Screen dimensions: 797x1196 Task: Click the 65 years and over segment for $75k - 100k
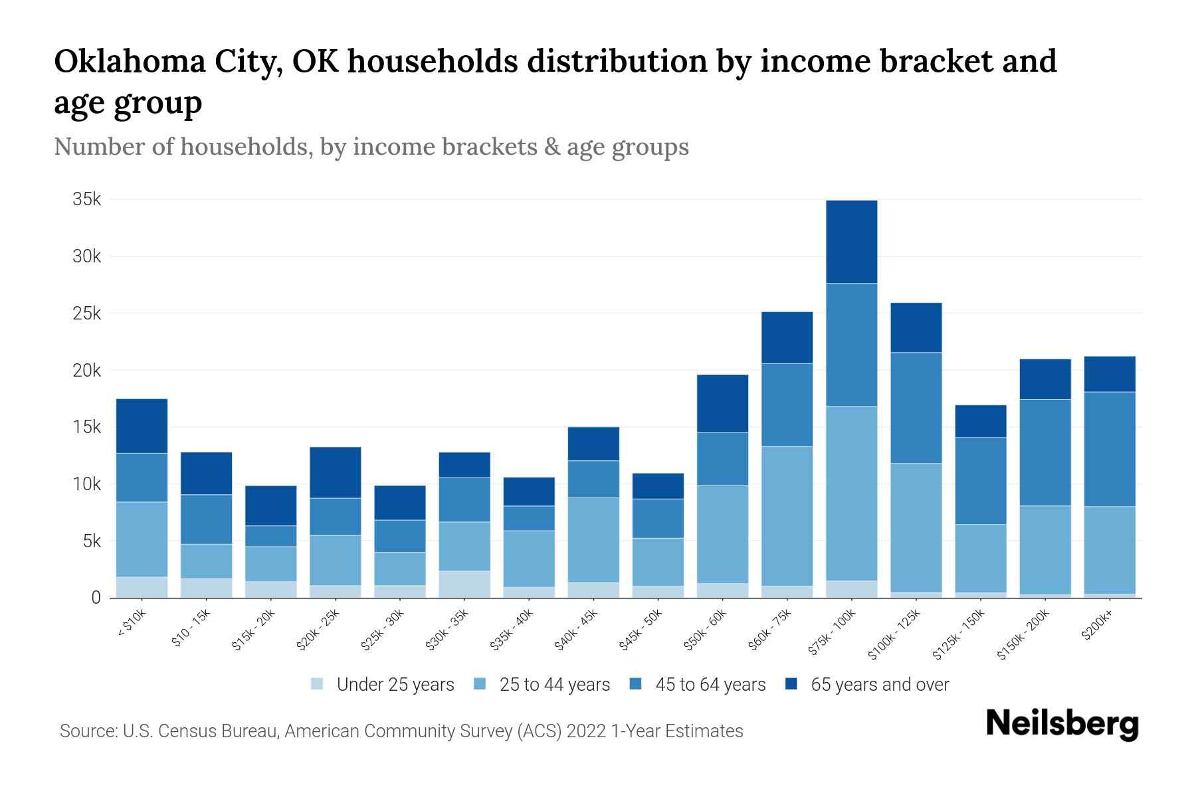852,242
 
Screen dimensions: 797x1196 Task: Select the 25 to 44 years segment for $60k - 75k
787,516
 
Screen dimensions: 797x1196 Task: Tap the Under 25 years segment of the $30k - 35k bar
464,584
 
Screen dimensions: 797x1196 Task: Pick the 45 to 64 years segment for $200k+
1110,449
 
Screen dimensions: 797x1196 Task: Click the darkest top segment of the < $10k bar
142,426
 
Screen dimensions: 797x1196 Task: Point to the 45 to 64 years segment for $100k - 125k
916,408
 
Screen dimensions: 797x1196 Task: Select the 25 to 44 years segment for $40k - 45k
593,540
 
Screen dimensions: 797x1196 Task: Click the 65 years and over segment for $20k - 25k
336,472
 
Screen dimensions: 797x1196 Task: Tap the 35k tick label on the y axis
87,199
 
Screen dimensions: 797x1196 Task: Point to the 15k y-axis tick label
87,427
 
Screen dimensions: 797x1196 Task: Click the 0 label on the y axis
96,598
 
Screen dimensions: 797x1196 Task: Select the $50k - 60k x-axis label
707,630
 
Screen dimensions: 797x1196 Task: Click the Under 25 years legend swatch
318,684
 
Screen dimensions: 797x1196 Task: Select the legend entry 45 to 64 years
710,685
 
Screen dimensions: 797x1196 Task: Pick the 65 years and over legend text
880,685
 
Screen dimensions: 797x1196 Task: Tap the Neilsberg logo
1062,724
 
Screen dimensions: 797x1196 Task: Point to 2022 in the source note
587,731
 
